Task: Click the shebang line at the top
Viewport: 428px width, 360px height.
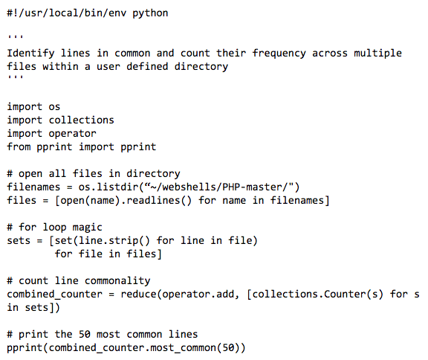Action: (88, 13)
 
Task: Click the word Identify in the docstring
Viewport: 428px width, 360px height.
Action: (30, 54)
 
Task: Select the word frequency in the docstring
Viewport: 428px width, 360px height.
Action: (279, 54)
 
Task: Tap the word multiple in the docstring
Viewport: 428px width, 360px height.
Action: (377, 54)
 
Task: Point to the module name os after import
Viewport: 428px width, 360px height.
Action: (54, 107)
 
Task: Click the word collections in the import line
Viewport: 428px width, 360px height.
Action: (81, 120)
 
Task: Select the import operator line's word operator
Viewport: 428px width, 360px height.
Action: (72, 134)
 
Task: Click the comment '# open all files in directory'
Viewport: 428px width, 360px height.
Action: (94, 174)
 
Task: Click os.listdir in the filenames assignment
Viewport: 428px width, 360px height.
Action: (108, 187)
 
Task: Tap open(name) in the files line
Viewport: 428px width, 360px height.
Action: (91, 201)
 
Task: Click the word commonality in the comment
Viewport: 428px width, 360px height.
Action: (117, 281)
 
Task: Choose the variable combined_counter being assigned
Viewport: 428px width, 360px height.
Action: (54, 294)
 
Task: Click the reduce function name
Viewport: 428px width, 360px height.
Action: (138, 294)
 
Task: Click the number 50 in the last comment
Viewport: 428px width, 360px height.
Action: (85, 334)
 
